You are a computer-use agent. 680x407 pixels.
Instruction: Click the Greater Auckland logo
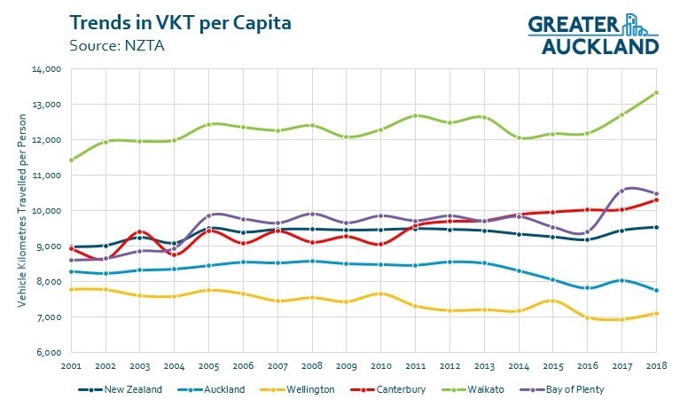[592, 34]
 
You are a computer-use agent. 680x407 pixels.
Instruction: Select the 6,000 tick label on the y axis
[46, 352]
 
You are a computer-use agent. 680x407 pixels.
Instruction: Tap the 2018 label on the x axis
[656, 366]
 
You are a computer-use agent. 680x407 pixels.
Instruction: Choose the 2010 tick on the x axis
[380, 366]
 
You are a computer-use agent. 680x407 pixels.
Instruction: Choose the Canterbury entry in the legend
[396, 389]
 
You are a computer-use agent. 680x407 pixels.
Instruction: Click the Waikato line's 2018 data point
[656, 92]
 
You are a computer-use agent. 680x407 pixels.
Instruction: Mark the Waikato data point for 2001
[70, 160]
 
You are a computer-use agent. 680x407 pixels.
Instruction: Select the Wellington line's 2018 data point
[656, 313]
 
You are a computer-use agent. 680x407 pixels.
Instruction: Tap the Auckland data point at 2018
[656, 290]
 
